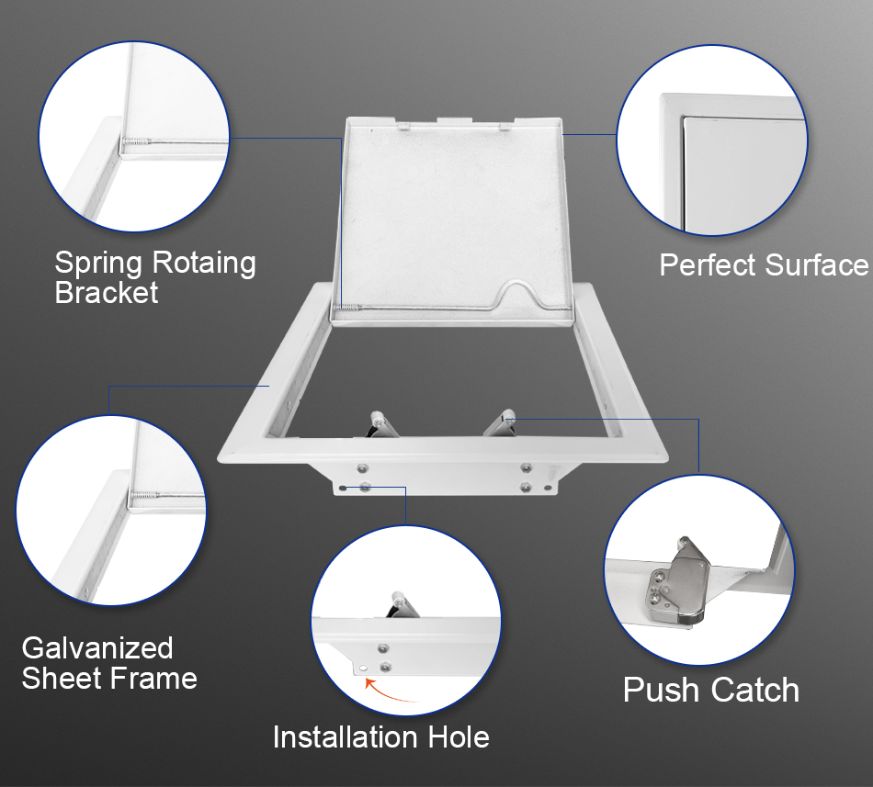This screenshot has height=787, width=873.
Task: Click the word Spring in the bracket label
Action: point(99,264)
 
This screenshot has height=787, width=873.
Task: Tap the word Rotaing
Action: point(204,264)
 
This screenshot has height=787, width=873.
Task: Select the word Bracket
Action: point(107,293)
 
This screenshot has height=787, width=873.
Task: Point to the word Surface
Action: point(816,264)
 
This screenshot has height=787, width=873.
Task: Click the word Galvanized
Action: point(97,648)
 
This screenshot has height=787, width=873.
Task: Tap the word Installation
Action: point(346,737)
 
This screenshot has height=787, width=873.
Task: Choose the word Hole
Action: point(459,737)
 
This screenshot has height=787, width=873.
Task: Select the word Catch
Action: point(755,691)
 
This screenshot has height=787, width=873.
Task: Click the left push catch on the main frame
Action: point(381,424)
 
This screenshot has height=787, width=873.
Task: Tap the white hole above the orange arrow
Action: point(362,668)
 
